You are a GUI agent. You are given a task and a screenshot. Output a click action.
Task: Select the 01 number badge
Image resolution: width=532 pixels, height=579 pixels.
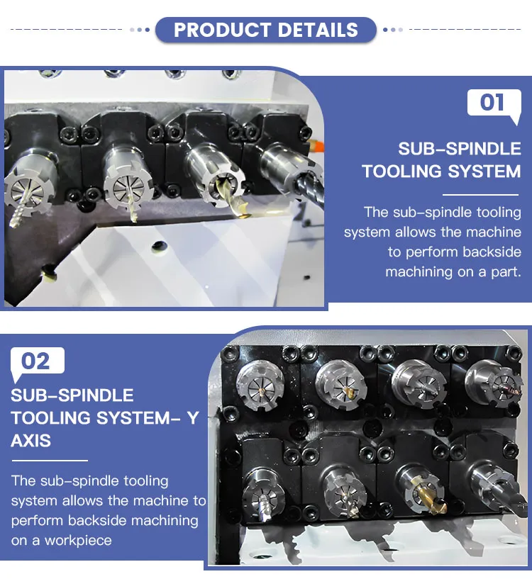pyautogui.click(x=492, y=103)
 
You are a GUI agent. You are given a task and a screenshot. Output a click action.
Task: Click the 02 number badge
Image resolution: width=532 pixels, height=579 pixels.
pyautogui.click(x=36, y=361)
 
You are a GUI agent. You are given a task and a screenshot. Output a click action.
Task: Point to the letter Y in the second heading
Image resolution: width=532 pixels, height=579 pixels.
pyautogui.click(x=192, y=417)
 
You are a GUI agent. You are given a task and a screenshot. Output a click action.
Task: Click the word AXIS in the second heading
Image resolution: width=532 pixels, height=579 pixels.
pyautogui.click(x=31, y=440)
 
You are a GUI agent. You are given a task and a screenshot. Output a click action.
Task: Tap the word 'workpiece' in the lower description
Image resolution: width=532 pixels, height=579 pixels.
pyautogui.click(x=78, y=540)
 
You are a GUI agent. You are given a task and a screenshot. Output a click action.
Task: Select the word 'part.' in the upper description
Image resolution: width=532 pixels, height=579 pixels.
pyautogui.click(x=503, y=271)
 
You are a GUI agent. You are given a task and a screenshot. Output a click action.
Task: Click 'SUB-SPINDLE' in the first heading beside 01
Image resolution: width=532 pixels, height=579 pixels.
pyautogui.click(x=460, y=149)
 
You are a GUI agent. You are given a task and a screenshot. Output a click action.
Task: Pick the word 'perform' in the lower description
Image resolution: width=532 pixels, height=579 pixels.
pyautogui.click(x=36, y=520)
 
